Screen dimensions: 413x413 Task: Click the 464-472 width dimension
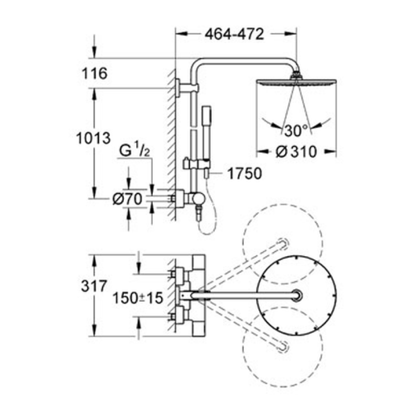point(234,34)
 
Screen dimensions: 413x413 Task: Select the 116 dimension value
point(94,73)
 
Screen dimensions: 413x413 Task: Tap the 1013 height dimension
point(93,138)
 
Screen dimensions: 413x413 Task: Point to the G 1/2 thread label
point(135,150)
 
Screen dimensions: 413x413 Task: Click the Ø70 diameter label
point(127,199)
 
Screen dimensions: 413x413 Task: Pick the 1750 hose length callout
point(244,173)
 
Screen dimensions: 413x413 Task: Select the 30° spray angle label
point(296,131)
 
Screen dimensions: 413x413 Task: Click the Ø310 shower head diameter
point(296,152)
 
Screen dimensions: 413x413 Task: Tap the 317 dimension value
point(94,286)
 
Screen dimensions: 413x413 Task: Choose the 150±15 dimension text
point(138,298)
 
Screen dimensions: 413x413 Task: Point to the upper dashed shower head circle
point(282,244)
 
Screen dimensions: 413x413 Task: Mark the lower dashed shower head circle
point(282,347)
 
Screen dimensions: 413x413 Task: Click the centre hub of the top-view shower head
point(296,295)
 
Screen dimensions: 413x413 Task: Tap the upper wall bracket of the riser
point(186,88)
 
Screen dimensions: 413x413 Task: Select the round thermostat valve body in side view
point(198,199)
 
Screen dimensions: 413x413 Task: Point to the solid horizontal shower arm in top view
point(245,295)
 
